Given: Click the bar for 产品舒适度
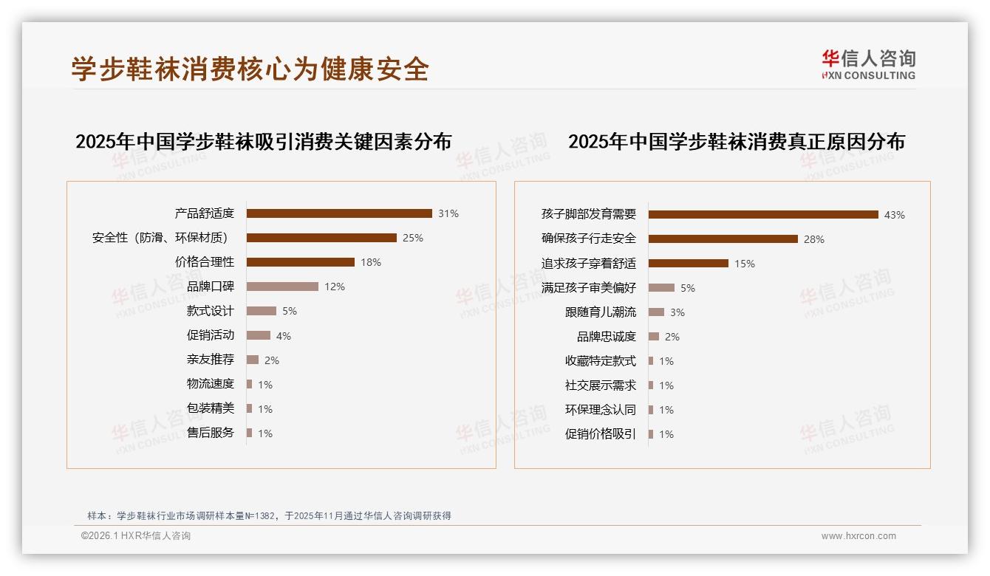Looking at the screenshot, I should pos(339,213).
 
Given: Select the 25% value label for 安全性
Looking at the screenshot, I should pos(412,238).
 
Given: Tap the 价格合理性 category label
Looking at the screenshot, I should pos(204,262).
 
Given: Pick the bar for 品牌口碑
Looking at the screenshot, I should pos(282,287).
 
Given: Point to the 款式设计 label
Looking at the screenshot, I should pos(210,311).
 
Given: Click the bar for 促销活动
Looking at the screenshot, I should pos(259,335).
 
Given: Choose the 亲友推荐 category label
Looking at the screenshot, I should pos(210,360).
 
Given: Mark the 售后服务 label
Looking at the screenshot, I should pos(210,433).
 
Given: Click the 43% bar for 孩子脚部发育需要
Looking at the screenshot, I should pos(763,214).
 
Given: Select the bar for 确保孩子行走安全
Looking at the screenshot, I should pos(723,239).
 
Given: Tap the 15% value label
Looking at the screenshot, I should pos(745,264).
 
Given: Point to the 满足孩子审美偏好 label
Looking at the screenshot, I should pos(588,287).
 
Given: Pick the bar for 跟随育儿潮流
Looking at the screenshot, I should pos(656,312).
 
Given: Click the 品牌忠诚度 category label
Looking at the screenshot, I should pos(606,337).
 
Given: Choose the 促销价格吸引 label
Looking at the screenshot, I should pos(600,434).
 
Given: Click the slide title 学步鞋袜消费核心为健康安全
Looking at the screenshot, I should pos(250,69).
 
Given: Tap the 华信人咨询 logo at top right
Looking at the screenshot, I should pos(868,64).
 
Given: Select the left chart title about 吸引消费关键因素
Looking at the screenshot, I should pos(263,141).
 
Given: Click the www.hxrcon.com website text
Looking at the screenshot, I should pos(858,536).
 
